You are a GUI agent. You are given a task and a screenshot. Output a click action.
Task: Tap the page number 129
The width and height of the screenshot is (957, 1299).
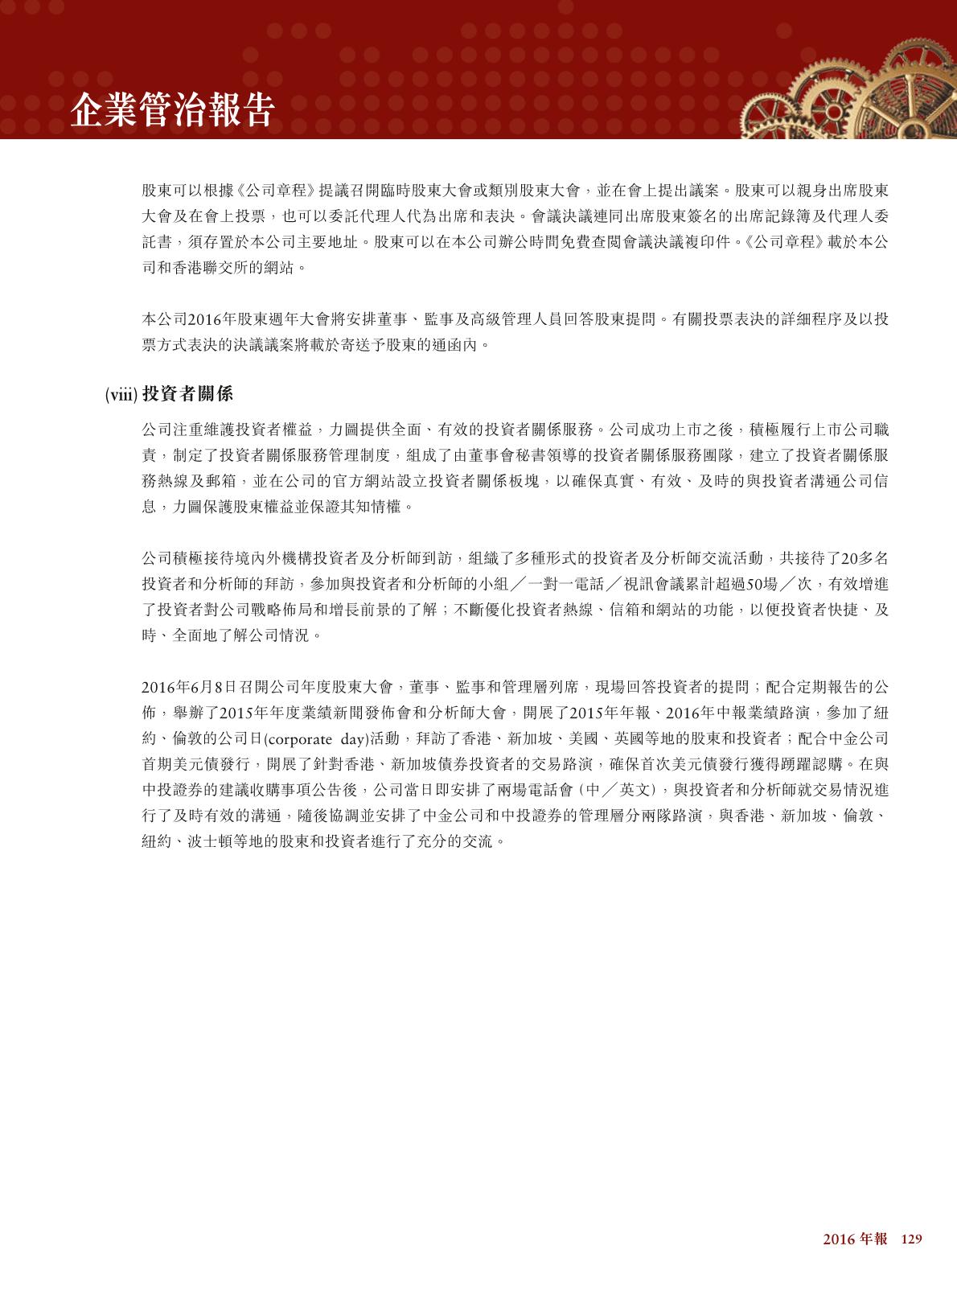click(x=910, y=1239)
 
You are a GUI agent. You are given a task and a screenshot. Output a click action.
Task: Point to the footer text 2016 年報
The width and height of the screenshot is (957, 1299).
click(x=854, y=1239)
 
